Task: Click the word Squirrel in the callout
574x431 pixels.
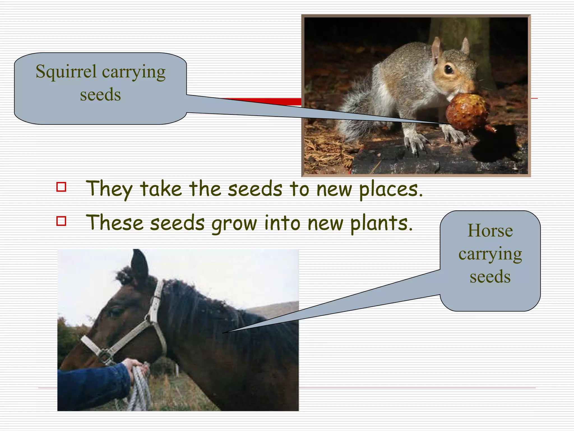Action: click(x=66, y=72)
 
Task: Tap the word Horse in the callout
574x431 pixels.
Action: click(x=490, y=231)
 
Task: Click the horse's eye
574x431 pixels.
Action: click(x=114, y=312)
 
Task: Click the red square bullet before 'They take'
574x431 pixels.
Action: click(x=61, y=187)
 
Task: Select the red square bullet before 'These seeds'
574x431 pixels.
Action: click(x=61, y=221)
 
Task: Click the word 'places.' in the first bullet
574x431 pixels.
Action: click(x=391, y=189)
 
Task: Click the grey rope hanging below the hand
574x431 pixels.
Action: click(x=139, y=393)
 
